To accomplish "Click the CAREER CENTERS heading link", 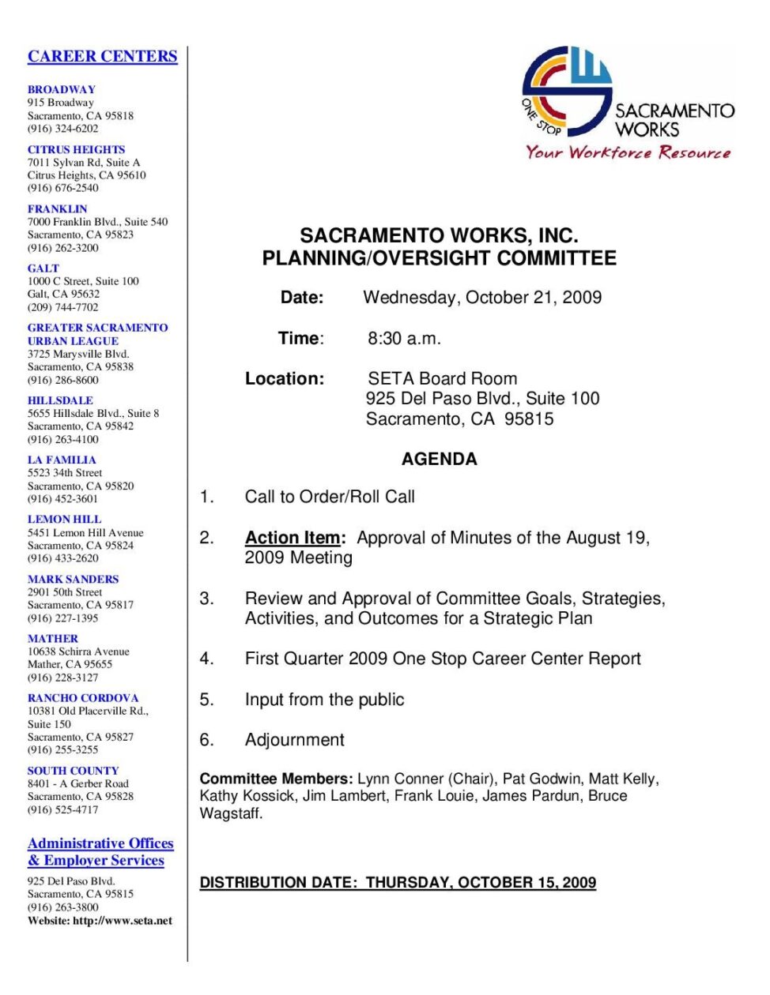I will click(x=102, y=56).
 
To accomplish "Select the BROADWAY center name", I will click(x=61, y=89).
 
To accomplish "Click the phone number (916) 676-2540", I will click(x=63, y=188).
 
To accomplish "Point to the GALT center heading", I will click(x=43, y=268).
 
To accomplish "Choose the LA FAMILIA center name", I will click(x=62, y=460).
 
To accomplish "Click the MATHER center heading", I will click(x=53, y=638).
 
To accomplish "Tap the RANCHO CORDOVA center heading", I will click(x=83, y=698).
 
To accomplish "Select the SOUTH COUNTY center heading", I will click(x=73, y=771).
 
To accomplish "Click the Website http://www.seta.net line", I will click(x=100, y=920).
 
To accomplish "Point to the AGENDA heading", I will click(x=439, y=459).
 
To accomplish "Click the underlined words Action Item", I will click(x=293, y=538).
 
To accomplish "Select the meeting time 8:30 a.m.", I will click(x=404, y=339).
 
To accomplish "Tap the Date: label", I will click(x=302, y=298).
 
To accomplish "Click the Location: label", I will click(x=285, y=379).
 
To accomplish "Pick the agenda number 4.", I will click(x=206, y=659).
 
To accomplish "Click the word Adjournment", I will click(x=295, y=740).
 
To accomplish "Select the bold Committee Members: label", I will click(x=276, y=779).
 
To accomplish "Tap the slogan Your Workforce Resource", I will click(x=628, y=152).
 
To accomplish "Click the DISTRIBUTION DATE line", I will click(x=398, y=882).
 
